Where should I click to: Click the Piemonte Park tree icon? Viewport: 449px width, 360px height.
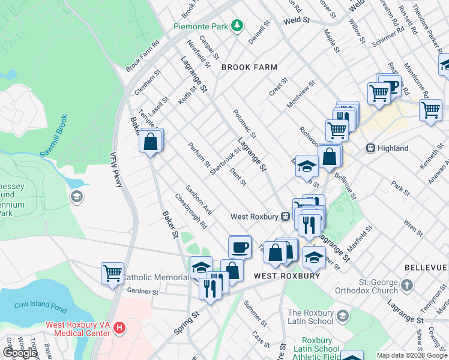pyautogui.click(x=238, y=25)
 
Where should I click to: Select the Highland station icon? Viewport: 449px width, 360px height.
pyautogui.click(x=370, y=148)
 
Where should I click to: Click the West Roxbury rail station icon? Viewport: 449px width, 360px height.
pyautogui.click(x=286, y=216)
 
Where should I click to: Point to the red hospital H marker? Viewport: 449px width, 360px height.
pyautogui.click(x=119, y=328)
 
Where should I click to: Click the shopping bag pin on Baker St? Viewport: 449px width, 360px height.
pyautogui.click(x=151, y=143)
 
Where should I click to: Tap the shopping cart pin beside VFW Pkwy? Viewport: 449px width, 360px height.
pyautogui.click(x=112, y=274)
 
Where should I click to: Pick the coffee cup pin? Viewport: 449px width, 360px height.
pyautogui.click(x=240, y=247)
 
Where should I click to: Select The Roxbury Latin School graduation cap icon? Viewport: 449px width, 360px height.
pyautogui.click(x=342, y=315)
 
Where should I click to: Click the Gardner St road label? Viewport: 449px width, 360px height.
pyautogui.click(x=142, y=292)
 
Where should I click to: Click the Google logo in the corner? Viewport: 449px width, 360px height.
pyautogui.click(x=20, y=353)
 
